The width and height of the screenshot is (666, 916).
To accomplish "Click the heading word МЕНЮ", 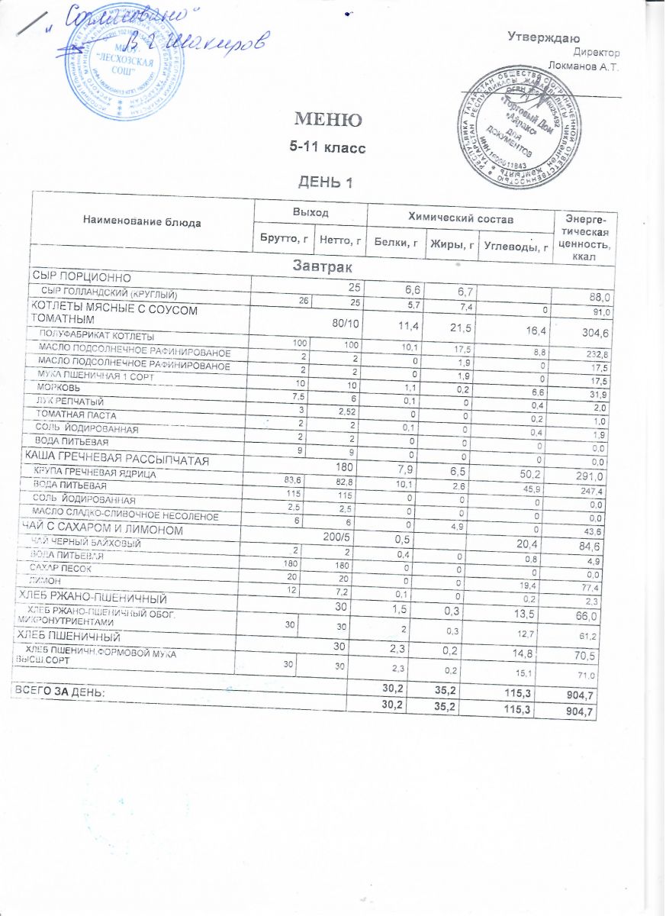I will coord(324,120).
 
